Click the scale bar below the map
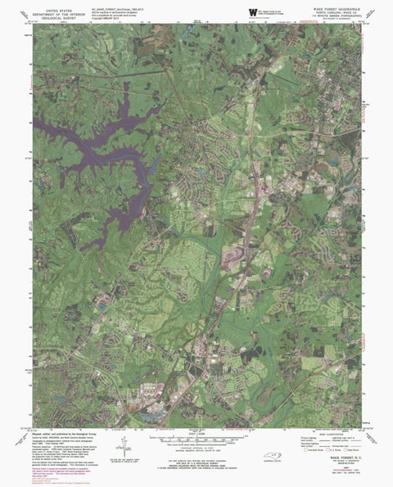(x=196, y=440)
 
